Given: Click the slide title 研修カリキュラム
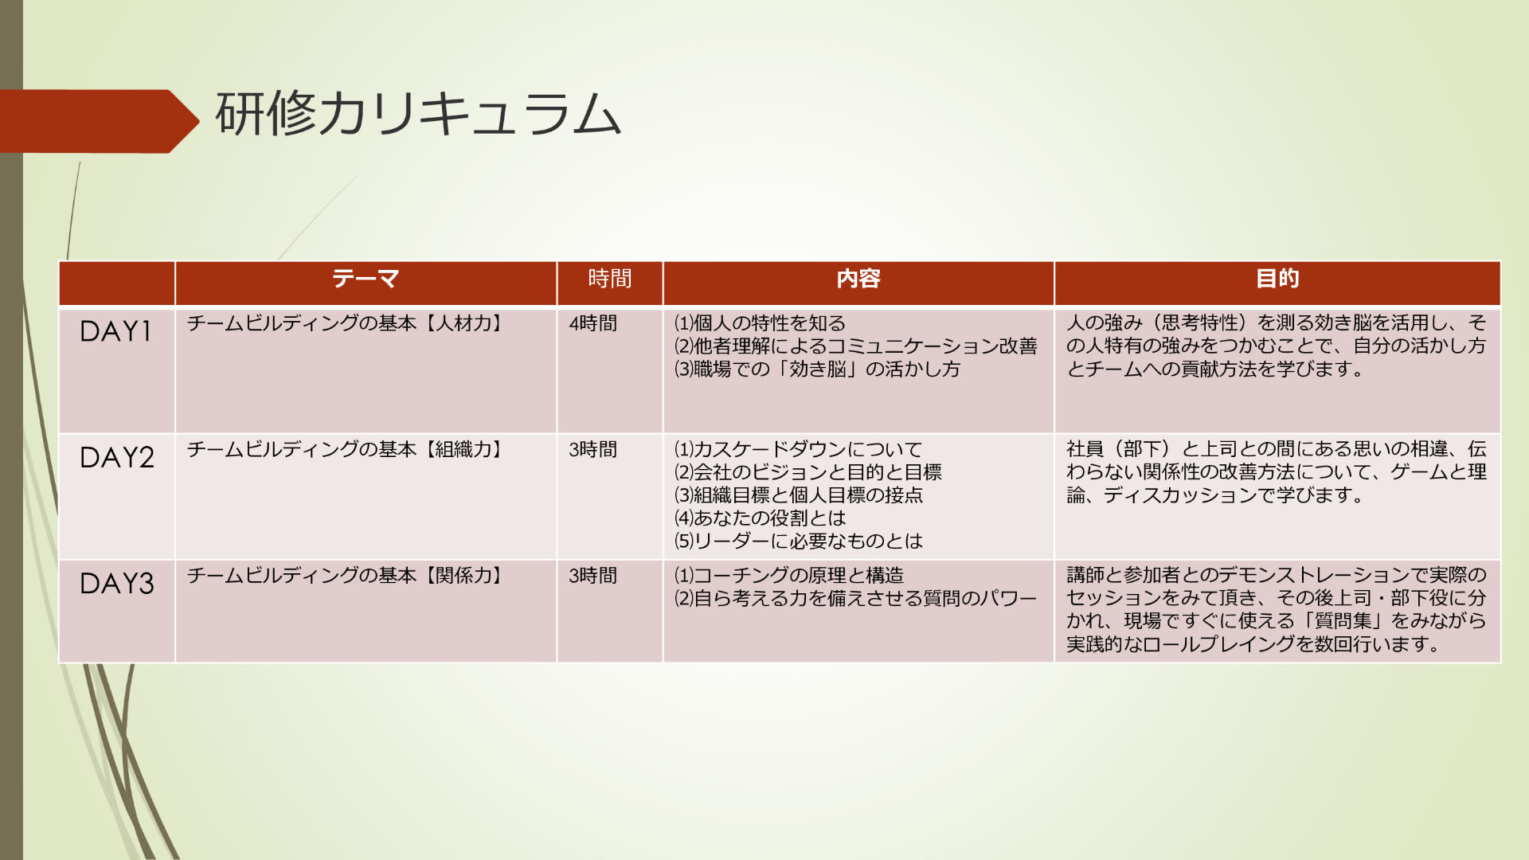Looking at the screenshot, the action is (x=418, y=115).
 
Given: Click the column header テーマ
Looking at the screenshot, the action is (x=366, y=279).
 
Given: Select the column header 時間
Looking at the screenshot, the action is (x=610, y=279).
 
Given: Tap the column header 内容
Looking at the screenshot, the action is (x=858, y=279).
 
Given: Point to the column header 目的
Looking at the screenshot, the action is (x=1277, y=279).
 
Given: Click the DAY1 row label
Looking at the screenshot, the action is (x=115, y=331).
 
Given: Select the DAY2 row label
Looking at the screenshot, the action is (x=117, y=457).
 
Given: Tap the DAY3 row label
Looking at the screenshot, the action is (x=117, y=584).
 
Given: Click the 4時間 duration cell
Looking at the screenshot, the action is (x=593, y=323).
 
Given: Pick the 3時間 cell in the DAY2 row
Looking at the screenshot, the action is (x=593, y=450).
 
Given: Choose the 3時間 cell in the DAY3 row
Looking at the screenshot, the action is (x=593, y=576).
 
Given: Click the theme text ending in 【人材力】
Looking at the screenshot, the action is (x=347, y=323).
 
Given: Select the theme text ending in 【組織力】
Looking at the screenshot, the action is (x=347, y=450).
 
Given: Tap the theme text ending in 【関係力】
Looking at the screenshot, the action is (x=347, y=576).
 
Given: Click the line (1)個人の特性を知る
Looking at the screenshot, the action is (x=760, y=323).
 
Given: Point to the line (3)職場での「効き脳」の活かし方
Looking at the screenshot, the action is (x=817, y=369).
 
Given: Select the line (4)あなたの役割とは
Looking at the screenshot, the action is (x=760, y=518).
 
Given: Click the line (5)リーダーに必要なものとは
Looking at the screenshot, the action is (x=798, y=541).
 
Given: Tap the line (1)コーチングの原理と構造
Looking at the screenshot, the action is (x=788, y=576).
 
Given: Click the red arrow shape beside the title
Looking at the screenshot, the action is (x=100, y=121).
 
